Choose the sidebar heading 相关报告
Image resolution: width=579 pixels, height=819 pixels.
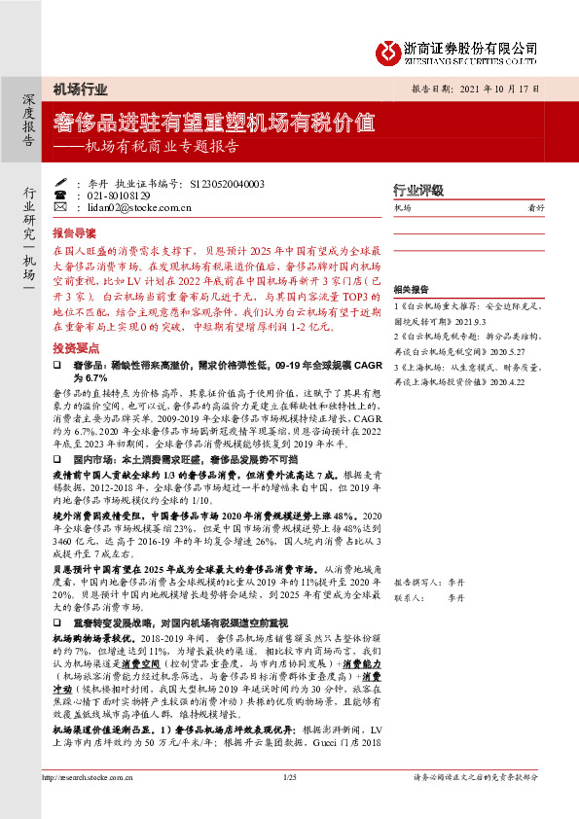[411, 291]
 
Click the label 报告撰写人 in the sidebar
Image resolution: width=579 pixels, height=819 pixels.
[414, 581]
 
